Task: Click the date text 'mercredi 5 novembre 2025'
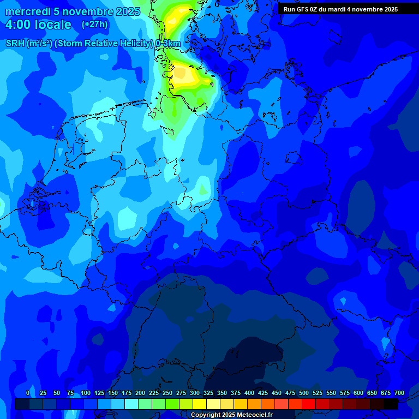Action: (x=73, y=11)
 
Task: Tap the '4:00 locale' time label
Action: (x=38, y=25)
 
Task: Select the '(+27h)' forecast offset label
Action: (x=95, y=25)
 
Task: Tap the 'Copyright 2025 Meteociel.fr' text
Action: (x=231, y=415)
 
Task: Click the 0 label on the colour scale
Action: (x=28, y=393)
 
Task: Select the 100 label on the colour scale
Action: (x=85, y=393)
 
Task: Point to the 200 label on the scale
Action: (x=140, y=393)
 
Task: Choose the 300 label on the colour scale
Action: (x=195, y=393)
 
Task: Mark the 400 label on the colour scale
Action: (x=249, y=393)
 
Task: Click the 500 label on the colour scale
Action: (x=304, y=393)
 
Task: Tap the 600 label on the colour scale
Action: (x=358, y=393)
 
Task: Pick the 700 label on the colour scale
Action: (x=399, y=393)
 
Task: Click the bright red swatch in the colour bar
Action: (x=309, y=404)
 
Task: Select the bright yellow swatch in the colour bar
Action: (x=200, y=404)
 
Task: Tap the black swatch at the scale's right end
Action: (x=391, y=404)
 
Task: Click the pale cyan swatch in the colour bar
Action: (x=131, y=404)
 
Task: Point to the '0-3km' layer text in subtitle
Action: (x=168, y=44)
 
